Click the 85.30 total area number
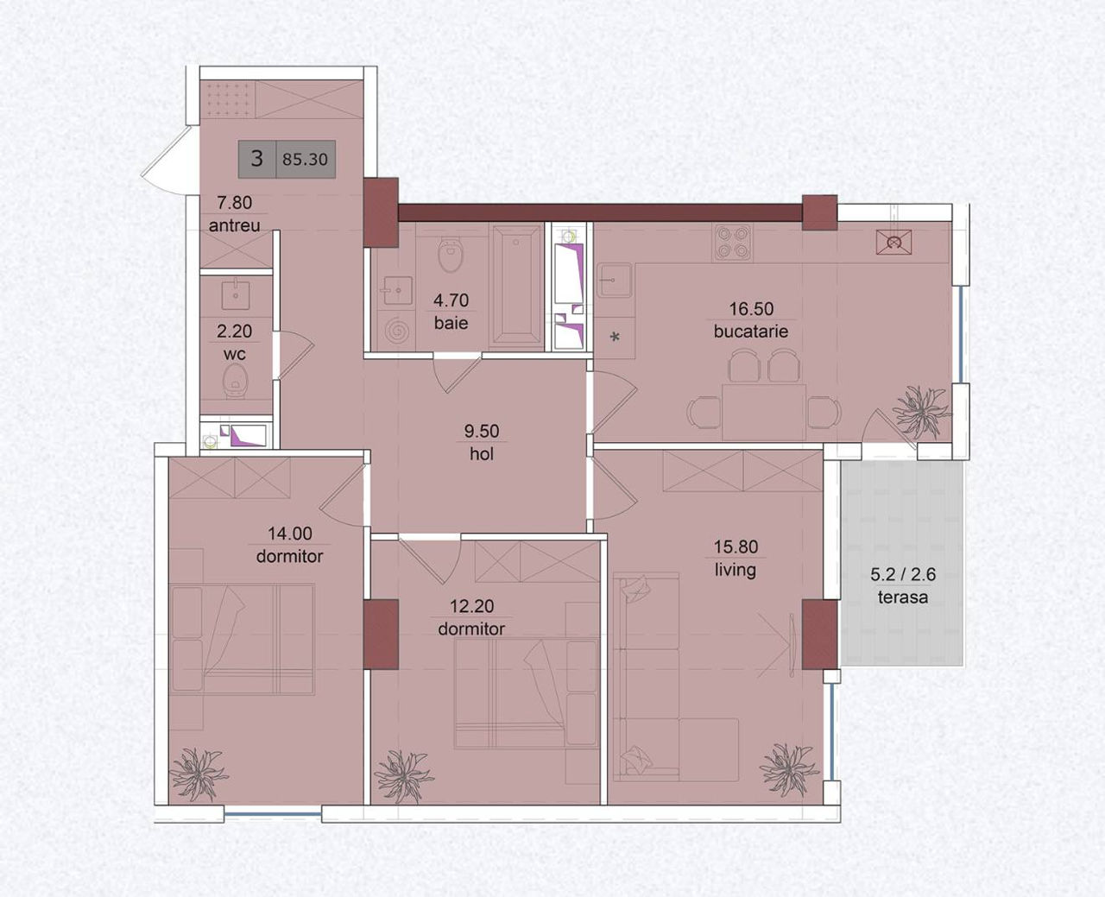(x=305, y=159)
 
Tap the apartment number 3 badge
(x=256, y=159)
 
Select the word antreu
(x=235, y=225)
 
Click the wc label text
(x=235, y=354)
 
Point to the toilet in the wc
(x=236, y=381)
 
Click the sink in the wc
(x=236, y=294)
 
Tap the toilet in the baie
(x=451, y=255)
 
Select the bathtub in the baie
(x=516, y=285)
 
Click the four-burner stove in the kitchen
(x=733, y=242)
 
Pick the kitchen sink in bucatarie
(x=615, y=280)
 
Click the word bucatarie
(x=751, y=332)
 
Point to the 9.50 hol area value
(x=482, y=431)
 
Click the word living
(x=736, y=570)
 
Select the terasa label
(x=903, y=597)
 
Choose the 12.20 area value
(x=471, y=606)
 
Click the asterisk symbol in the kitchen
(x=615, y=338)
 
